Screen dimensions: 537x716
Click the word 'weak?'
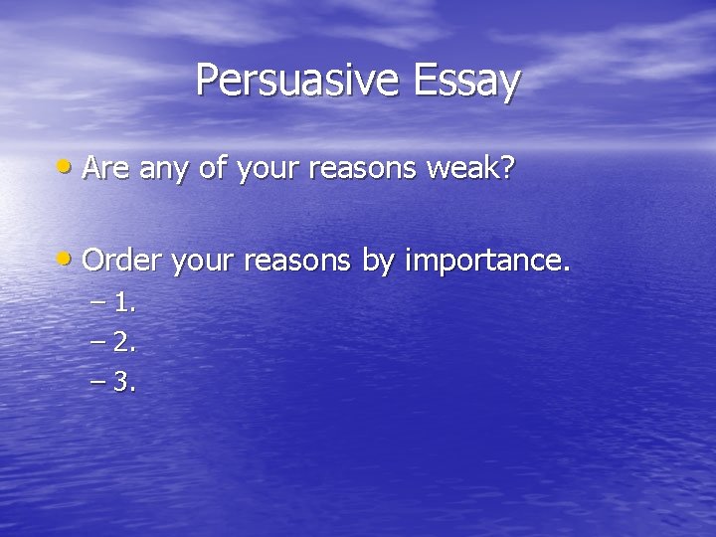tap(470, 169)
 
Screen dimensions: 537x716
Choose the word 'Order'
tap(123, 262)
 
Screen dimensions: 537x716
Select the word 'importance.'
tap(487, 263)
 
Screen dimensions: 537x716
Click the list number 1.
tap(124, 303)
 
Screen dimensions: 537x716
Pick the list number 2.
tap(124, 343)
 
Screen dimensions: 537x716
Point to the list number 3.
tap(124, 383)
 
